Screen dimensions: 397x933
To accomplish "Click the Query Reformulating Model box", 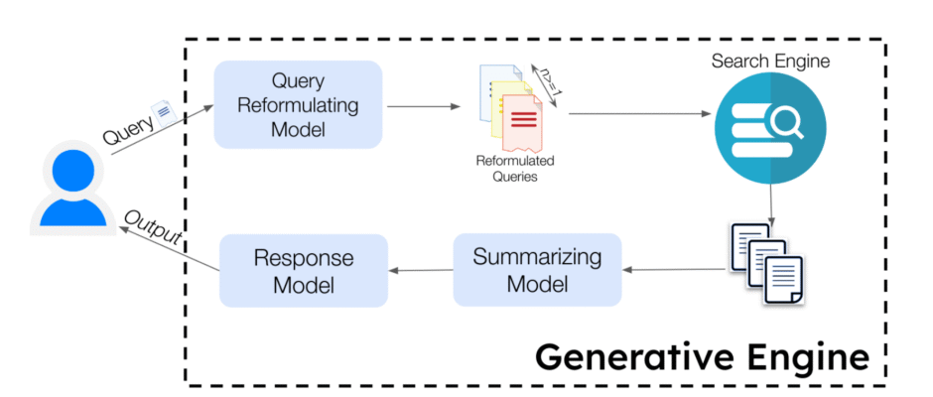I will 299,104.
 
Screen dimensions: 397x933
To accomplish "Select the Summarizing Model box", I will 537,269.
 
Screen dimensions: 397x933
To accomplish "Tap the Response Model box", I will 303,270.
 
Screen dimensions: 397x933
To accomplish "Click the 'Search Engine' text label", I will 770,62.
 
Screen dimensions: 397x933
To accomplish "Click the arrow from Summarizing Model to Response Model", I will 421,270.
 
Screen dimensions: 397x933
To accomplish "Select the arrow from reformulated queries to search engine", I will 635,113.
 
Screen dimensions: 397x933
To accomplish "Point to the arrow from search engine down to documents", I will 771,203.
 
